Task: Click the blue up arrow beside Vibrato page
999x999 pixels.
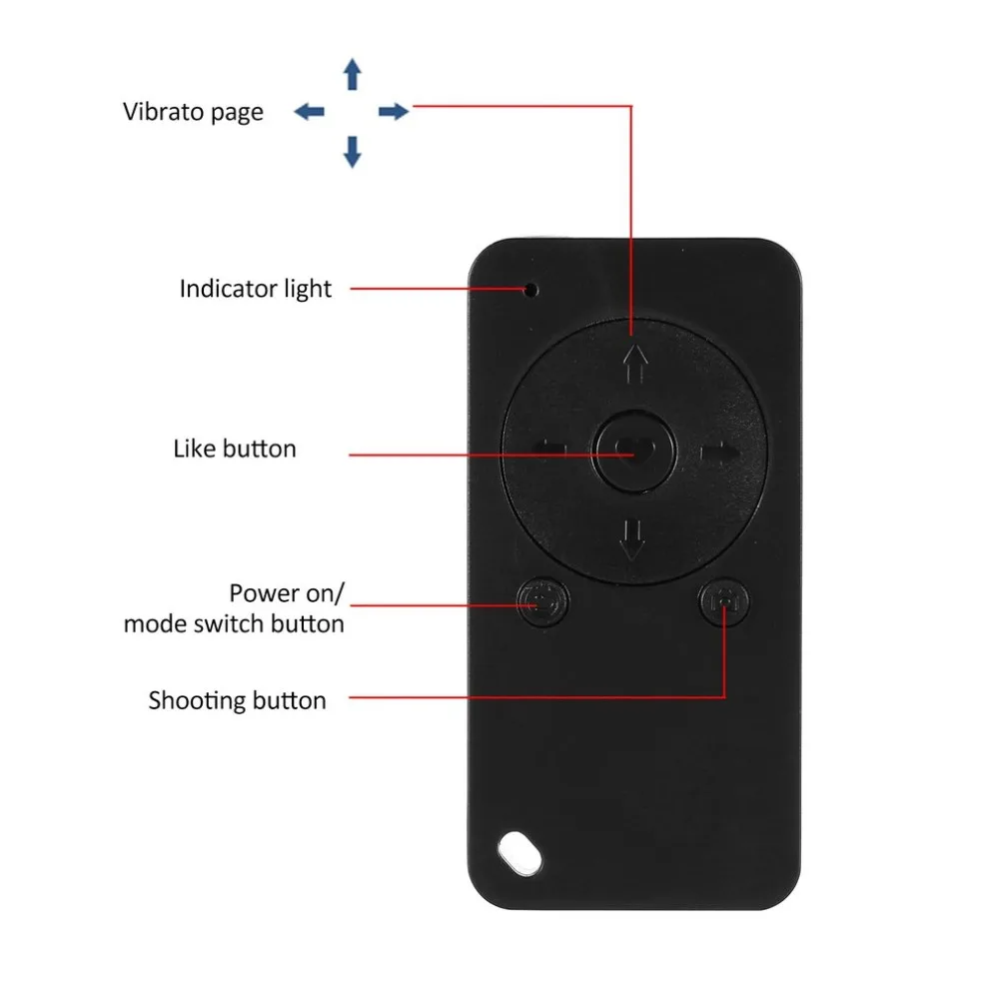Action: tap(353, 74)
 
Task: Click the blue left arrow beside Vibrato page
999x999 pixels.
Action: tap(310, 112)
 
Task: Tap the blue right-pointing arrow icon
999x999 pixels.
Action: tap(394, 112)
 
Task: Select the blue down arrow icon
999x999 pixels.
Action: tap(353, 152)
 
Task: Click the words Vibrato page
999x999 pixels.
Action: tap(193, 112)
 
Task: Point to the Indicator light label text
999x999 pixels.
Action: tap(256, 290)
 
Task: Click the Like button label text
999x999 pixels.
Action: tap(235, 449)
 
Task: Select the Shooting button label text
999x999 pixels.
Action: tap(237, 701)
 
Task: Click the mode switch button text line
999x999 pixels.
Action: tap(234, 623)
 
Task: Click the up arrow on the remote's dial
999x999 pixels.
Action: tap(634, 364)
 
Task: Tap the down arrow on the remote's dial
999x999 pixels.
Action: tap(632, 539)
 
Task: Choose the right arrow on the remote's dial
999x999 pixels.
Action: tap(720, 453)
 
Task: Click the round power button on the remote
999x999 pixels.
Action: tap(542, 601)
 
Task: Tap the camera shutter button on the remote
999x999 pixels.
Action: tap(724, 600)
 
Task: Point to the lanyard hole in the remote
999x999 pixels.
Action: tap(519, 852)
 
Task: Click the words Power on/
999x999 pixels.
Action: tap(287, 593)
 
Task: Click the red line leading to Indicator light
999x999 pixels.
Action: tap(438, 289)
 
